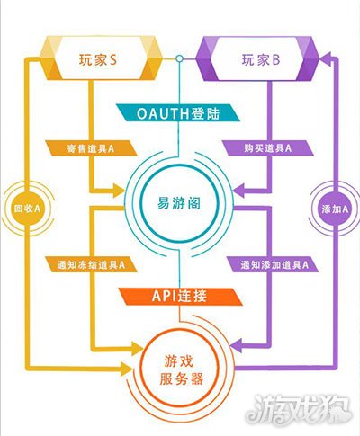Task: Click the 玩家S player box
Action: (x=102, y=58)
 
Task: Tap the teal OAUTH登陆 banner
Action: (x=178, y=113)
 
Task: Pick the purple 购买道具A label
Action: (x=267, y=148)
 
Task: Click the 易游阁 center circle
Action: (x=179, y=203)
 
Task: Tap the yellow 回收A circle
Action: (x=27, y=209)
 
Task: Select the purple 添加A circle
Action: (x=335, y=209)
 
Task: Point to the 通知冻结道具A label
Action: (x=91, y=264)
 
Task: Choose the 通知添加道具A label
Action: (x=273, y=264)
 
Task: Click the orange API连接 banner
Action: (x=180, y=297)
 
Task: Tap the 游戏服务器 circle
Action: (x=180, y=370)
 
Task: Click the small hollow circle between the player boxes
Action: (x=179, y=58)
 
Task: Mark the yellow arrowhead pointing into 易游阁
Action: (x=119, y=191)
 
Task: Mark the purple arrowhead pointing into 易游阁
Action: (x=239, y=191)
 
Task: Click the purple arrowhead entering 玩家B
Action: (x=325, y=59)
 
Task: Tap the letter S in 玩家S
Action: (x=112, y=59)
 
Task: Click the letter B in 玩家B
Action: (x=276, y=60)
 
